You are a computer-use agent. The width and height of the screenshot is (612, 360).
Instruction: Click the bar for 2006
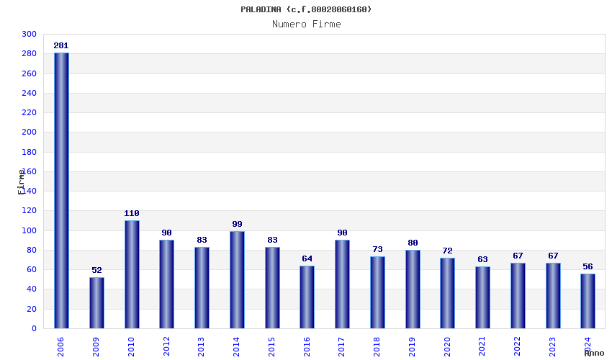click(x=61, y=191)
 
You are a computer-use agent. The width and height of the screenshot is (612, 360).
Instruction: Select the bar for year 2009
click(x=96, y=302)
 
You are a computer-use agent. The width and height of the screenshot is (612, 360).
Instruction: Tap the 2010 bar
click(x=132, y=274)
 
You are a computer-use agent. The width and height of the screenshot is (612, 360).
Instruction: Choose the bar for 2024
click(x=588, y=301)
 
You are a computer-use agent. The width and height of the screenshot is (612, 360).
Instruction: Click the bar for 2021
click(x=482, y=297)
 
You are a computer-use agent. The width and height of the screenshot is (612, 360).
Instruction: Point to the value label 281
click(x=61, y=46)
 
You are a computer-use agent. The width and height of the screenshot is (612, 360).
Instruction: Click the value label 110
click(x=132, y=214)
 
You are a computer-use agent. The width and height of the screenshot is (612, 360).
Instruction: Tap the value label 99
click(x=237, y=225)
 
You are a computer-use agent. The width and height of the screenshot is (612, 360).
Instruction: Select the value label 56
click(x=588, y=267)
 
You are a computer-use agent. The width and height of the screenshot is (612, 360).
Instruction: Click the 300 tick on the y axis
click(x=29, y=35)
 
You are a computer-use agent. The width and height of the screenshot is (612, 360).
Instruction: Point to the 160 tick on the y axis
click(x=29, y=172)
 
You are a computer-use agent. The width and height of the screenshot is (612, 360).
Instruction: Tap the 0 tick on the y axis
click(x=34, y=329)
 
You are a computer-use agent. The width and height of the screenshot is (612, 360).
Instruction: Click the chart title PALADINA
click(x=306, y=9)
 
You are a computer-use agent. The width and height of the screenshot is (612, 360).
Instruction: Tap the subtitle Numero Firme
click(x=306, y=24)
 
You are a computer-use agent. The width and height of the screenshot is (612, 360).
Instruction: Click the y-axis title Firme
click(x=22, y=181)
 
